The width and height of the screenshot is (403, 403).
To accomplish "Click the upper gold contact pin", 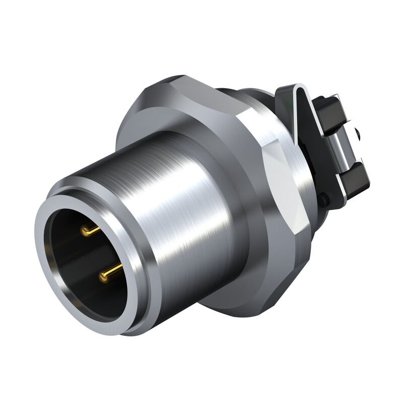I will coord(90,231).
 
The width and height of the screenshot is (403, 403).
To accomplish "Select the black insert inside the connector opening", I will coord(76,257).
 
